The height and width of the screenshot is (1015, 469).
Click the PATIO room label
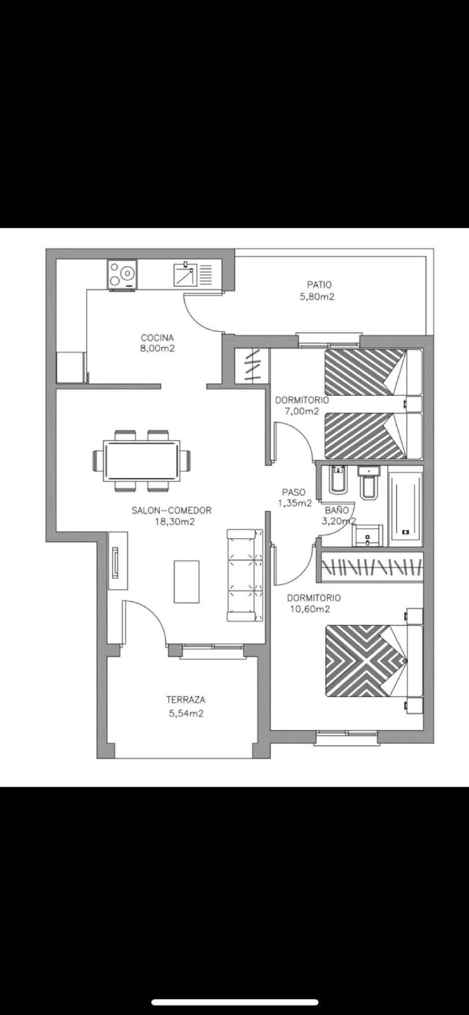pyautogui.click(x=319, y=284)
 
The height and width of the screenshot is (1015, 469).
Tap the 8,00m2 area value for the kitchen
pyautogui.click(x=157, y=348)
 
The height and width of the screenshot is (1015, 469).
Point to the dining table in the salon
pyautogui.click(x=142, y=461)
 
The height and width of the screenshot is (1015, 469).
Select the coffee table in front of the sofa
pyautogui.click(x=187, y=582)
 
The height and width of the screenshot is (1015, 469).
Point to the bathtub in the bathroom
pyautogui.click(x=406, y=506)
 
